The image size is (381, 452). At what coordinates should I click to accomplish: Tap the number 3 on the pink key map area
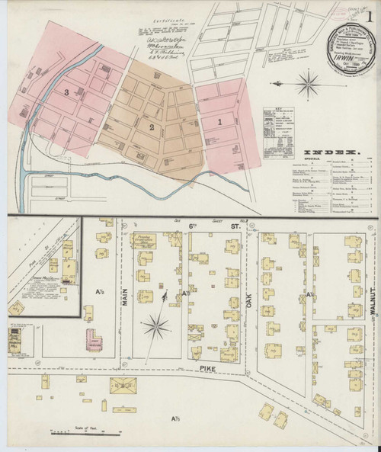67,93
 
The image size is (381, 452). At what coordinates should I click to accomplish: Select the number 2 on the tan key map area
152,126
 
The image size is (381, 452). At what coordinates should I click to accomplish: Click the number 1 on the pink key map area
220,120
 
